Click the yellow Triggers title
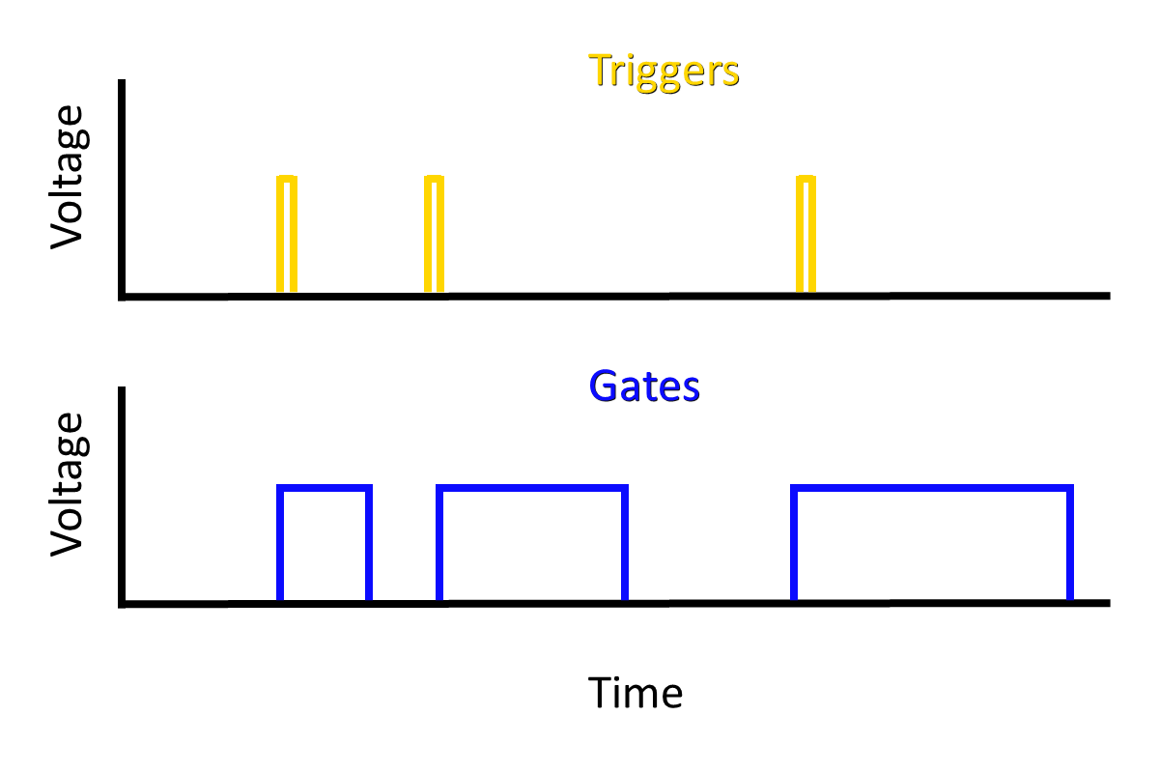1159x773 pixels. pyautogui.click(x=664, y=71)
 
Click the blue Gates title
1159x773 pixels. pyautogui.click(x=644, y=386)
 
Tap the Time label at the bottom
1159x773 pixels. pyautogui.click(x=635, y=693)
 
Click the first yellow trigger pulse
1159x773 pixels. pyautogui.click(x=287, y=234)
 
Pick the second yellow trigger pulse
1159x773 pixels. pyautogui.click(x=435, y=234)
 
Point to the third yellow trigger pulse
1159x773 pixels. pyautogui.click(x=806, y=234)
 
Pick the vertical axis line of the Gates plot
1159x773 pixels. pyautogui.click(x=121, y=497)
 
